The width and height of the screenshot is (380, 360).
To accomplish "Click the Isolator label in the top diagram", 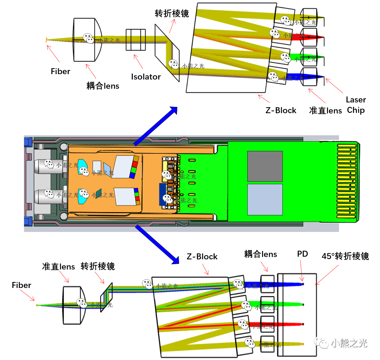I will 146,77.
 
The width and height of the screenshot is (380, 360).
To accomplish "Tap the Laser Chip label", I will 356,105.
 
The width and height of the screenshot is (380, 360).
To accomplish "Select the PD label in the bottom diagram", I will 302,254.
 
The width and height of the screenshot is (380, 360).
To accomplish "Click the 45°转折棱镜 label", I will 345,256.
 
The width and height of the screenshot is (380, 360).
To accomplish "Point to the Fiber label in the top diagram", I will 60,71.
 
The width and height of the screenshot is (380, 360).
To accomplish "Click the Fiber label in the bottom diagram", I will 21,285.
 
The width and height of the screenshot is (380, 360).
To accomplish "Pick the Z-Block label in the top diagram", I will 281,110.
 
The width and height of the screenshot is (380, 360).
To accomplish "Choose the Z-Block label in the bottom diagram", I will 202,257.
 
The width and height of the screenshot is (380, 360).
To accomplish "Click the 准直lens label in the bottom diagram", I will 58,267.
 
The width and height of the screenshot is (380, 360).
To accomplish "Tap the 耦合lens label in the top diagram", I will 103,86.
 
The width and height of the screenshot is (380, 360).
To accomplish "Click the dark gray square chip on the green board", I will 265,166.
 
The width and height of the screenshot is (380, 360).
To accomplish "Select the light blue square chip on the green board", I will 265,200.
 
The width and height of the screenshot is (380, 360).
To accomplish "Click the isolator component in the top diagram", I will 136,40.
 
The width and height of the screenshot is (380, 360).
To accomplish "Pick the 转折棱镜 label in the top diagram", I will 172,14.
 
